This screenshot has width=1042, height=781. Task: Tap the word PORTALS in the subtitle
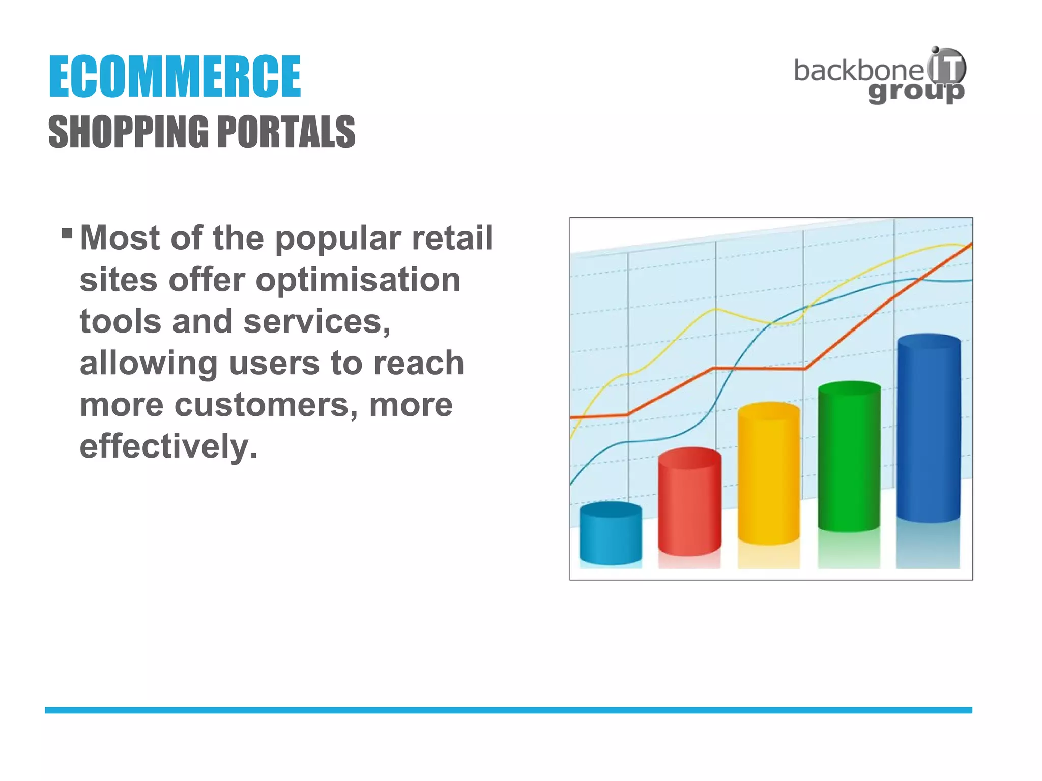click(286, 132)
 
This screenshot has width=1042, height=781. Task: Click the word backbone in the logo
click(858, 71)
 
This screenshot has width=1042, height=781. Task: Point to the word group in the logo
click(916, 93)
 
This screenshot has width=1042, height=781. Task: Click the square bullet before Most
click(67, 233)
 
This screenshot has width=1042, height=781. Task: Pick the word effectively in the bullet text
click(168, 446)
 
